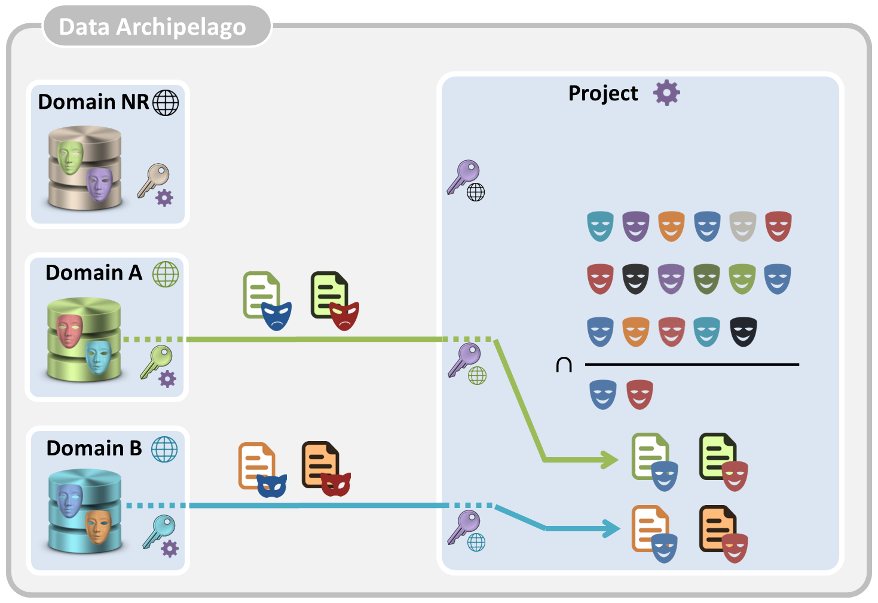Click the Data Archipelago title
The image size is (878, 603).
153,27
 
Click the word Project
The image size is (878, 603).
603,93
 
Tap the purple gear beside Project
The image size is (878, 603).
666,93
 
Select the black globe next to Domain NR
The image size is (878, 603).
166,103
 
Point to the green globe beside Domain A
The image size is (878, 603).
166,274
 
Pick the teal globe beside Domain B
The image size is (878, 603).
164,449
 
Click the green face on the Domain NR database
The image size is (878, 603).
71,157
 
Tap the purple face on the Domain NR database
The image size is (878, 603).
99,183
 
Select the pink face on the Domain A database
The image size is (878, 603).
69,330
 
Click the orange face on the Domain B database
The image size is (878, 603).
98,526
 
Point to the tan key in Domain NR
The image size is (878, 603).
154,180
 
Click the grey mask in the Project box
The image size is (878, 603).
743,226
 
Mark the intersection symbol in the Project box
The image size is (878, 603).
564,364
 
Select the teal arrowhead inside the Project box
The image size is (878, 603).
613,528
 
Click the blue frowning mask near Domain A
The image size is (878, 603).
277,316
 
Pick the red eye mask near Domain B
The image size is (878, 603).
336,484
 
